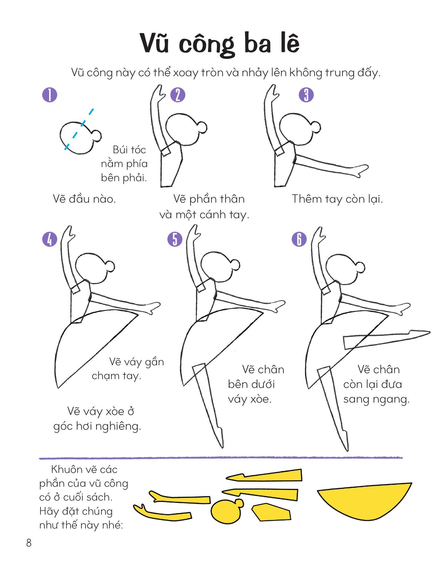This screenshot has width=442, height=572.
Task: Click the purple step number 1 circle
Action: (50, 95)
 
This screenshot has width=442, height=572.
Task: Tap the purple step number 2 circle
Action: (178, 95)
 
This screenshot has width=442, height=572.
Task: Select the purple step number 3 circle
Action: (306, 95)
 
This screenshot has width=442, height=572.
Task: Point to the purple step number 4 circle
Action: (50, 239)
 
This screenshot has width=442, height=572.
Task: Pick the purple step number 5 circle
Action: (175, 239)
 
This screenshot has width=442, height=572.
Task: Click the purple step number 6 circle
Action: (299, 239)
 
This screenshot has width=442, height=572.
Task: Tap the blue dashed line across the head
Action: (79, 129)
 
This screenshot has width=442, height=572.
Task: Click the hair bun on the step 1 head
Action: (96, 136)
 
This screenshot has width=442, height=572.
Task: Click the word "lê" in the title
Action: (289, 44)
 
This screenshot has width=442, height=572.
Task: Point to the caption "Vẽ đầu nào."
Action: (84, 199)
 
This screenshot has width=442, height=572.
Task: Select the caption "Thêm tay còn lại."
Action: (337, 199)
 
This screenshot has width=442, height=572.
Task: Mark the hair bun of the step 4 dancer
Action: (109, 266)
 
